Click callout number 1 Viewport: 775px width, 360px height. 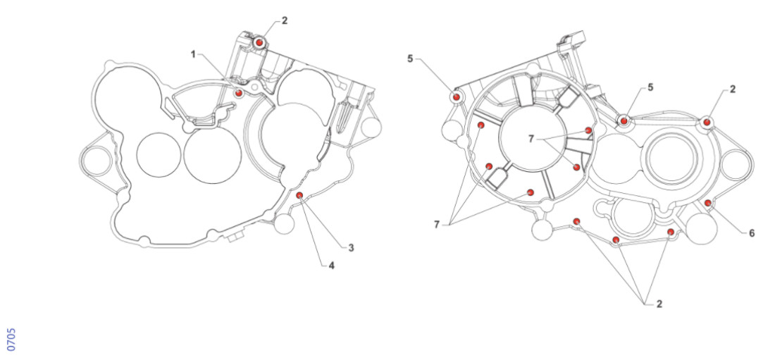click(192, 54)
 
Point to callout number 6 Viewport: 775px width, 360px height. click(752, 233)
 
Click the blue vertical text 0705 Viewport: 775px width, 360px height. click(11, 339)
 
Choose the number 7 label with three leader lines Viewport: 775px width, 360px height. click(437, 224)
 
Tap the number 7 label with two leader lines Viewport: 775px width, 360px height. click(532, 139)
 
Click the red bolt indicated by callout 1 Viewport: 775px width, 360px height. click(239, 92)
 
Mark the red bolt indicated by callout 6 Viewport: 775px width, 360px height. click(708, 204)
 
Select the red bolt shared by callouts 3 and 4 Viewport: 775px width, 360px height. click(299, 195)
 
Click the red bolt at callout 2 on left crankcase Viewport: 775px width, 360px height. click(260, 43)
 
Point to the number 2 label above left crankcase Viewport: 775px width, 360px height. click(285, 20)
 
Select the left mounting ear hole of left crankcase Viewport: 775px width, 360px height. click(93, 161)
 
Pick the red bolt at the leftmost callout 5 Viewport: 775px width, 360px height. click(457, 96)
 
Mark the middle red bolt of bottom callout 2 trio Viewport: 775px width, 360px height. click(616, 241)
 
